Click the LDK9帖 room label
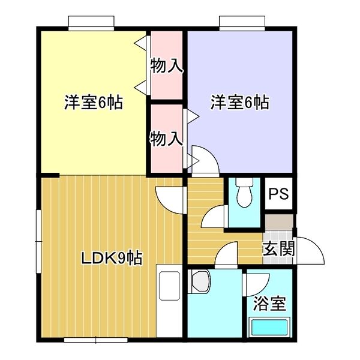[112, 259]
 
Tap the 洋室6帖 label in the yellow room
[94, 103]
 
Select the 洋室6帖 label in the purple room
[239, 103]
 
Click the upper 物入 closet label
[166, 66]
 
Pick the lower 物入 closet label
[166, 139]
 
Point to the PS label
[279, 194]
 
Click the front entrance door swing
[311, 251]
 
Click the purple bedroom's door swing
[201, 159]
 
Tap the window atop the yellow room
[91, 23]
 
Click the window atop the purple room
[242, 23]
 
